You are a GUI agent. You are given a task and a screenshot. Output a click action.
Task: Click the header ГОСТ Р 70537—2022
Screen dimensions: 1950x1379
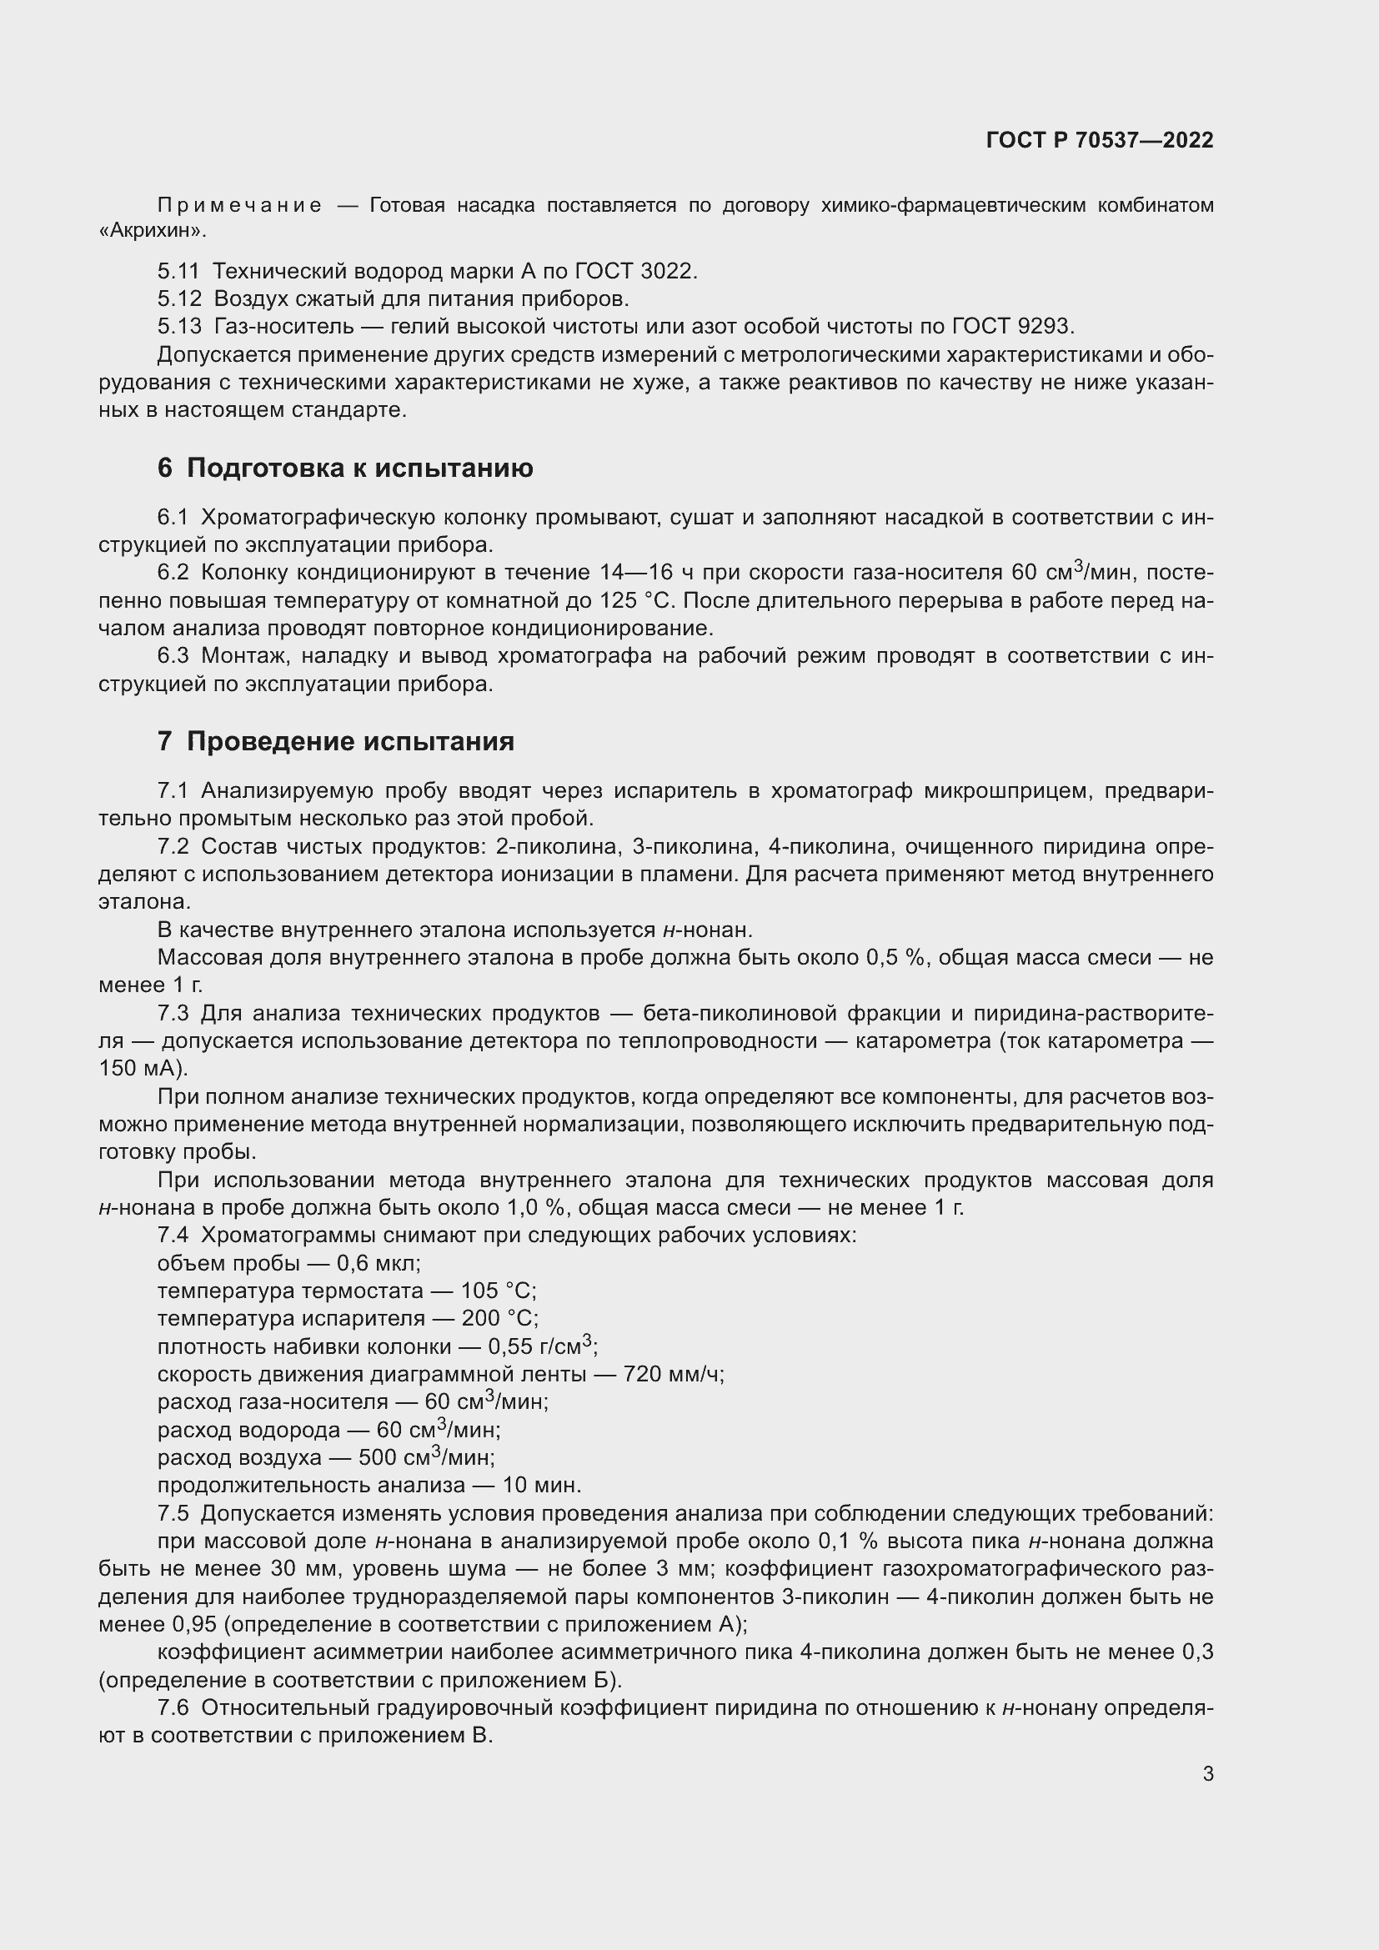(1100, 140)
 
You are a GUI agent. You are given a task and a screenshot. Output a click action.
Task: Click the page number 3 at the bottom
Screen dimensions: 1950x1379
(1207, 1773)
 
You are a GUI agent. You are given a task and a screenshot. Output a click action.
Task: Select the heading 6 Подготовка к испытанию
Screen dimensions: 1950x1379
(345, 468)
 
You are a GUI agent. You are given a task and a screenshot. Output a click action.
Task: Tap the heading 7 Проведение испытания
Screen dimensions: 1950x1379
(335, 741)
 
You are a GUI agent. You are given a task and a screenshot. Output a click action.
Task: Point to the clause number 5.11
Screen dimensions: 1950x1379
(178, 272)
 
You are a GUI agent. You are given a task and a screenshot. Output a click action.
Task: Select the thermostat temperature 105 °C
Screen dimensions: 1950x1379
(499, 1291)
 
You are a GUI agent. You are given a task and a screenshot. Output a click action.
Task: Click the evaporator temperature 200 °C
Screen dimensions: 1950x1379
(499, 1318)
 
